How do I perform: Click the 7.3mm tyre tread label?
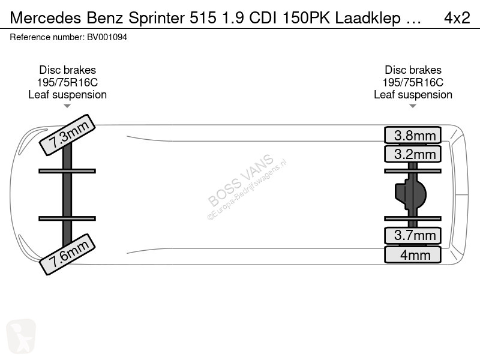[67, 135]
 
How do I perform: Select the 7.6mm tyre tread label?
[67, 254]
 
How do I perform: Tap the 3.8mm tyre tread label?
[413, 135]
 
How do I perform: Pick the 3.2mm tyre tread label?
[413, 154]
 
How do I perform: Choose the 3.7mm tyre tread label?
[413, 235]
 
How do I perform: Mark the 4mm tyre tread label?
[413, 254]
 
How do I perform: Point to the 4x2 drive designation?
[457, 18]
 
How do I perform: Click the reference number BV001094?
[107, 37]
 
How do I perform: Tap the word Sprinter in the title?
[157, 18]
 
